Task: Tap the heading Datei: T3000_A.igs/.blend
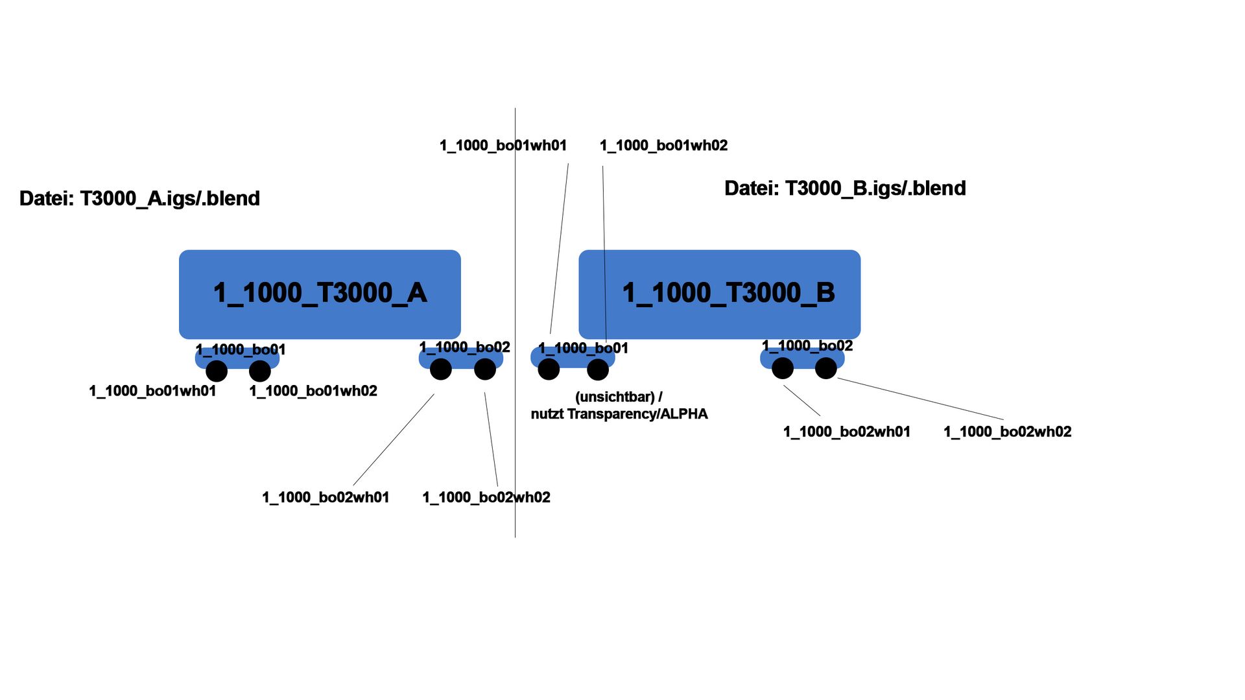pyautogui.click(x=139, y=198)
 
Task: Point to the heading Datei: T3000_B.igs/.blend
pyautogui.click(x=845, y=189)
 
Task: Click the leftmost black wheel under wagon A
pyautogui.click(x=217, y=371)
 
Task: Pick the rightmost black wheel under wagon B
pyautogui.click(x=825, y=368)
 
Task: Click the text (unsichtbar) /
pyautogui.click(x=619, y=397)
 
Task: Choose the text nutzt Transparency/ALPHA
pyautogui.click(x=619, y=414)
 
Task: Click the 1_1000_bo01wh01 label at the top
pyautogui.click(x=503, y=146)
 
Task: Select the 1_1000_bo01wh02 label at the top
pyautogui.click(x=663, y=146)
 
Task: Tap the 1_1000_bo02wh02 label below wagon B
pyautogui.click(x=1007, y=432)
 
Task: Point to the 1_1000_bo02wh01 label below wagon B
pyautogui.click(x=847, y=432)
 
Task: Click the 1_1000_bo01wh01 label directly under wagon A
pyautogui.click(x=152, y=391)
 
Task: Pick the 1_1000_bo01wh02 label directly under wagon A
pyautogui.click(x=313, y=391)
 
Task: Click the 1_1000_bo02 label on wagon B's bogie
pyautogui.click(x=807, y=346)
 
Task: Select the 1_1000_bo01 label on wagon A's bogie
pyautogui.click(x=241, y=350)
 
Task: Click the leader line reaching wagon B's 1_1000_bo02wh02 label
pyautogui.click(x=921, y=399)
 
